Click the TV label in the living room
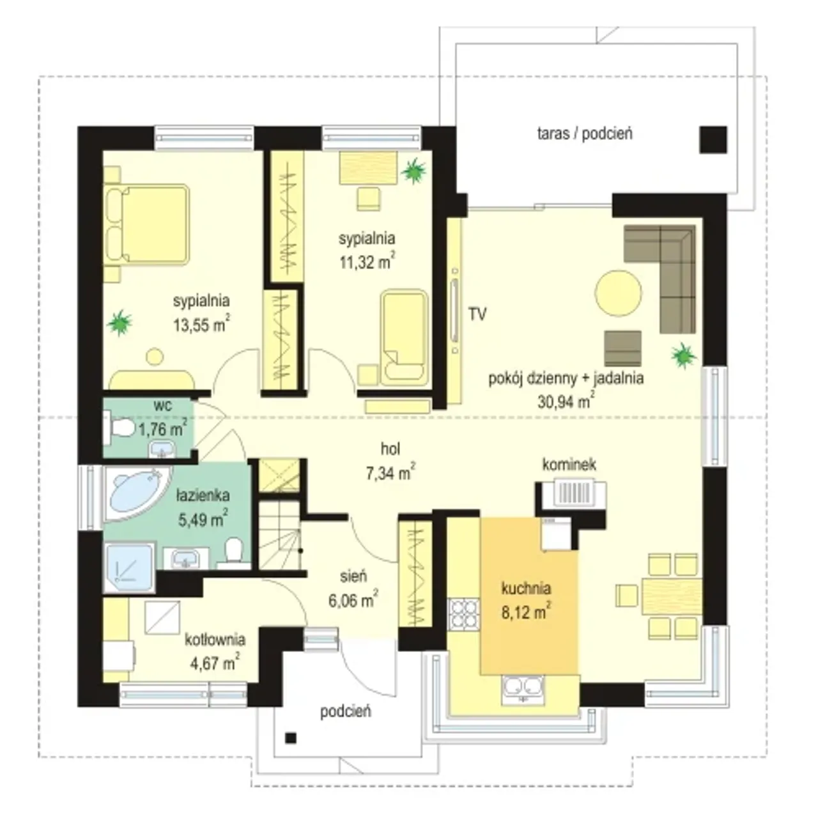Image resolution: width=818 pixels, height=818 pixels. pyautogui.click(x=477, y=314)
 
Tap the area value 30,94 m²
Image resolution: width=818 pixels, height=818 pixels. pyautogui.click(x=566, y=401)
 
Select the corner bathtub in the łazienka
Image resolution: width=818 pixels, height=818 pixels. pyautogui.click(x=138, y=494)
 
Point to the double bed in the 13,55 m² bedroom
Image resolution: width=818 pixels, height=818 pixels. pyautogui.click(x=146, y=225)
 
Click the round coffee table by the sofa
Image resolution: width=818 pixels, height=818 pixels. pyautogui.click(x=618, y=293)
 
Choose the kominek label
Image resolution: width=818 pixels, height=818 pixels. pyautogui.click(x=569, y=465)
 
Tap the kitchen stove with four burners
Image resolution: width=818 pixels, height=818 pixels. pyautogui.click(x=464, y=613)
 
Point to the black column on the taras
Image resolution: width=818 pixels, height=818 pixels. pyautogui.click(x=713, y=140)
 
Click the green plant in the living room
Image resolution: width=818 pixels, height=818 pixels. pyautogui.click(x=683, y=355)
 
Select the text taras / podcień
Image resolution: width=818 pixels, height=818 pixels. pyautogui.click(x=585, y=134)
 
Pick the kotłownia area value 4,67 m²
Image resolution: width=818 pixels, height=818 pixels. pyautogui.click(x=215, y=663)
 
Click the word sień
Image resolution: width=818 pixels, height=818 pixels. pyautogui.click(x=353, y=576)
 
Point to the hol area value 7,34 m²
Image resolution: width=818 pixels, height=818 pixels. pyautogui.click(x=390, y=472)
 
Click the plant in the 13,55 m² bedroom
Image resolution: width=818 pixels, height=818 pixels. pyautogui.click(x=120, y=323)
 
